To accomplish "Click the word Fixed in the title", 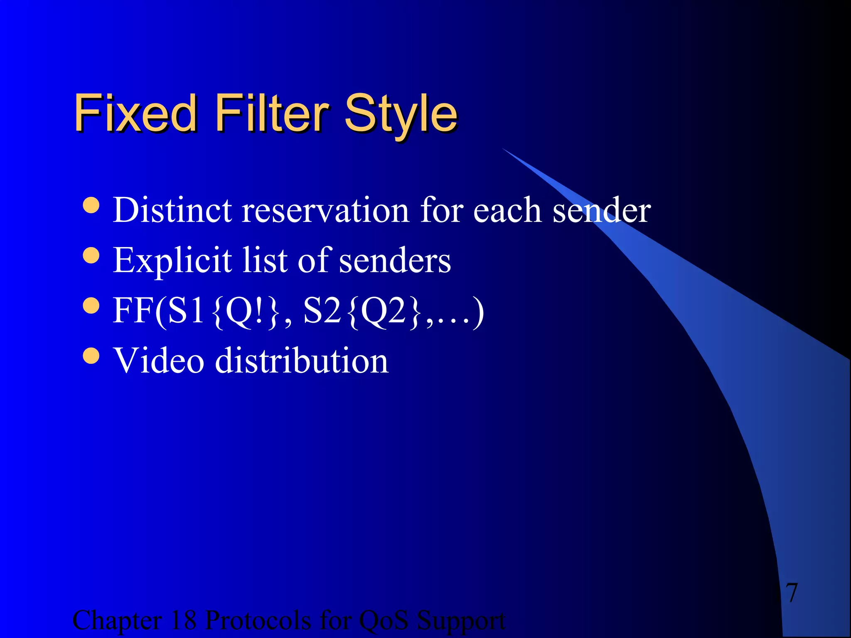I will coord(135,113).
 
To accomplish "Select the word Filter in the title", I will coord(272,113).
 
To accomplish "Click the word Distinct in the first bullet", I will coord(172,210).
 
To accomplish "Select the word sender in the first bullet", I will coord(601,210).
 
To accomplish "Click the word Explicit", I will coord(172,261).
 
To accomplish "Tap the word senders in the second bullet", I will coord(395,261).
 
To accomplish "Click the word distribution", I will coord(302,361).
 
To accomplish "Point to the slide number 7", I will coord(792,593).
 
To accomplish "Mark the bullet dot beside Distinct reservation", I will coord(91,205).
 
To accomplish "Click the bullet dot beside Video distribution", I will coord(91,356).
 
